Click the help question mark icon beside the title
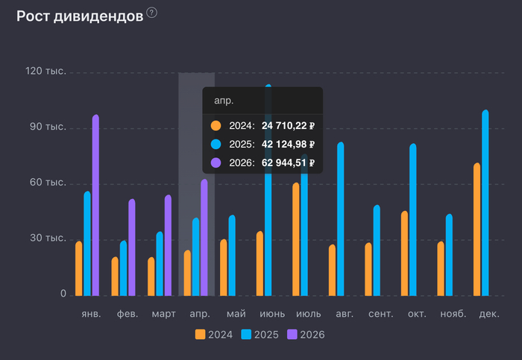pos(152,13)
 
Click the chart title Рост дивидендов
pos(79,16)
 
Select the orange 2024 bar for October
pos(404,253)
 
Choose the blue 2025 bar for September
pos(377,250)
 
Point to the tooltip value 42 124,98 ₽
pos(288,145)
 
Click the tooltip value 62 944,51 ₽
pos(288,162)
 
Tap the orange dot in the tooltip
pos(216,126)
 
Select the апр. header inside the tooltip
pos(224,100)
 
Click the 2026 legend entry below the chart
pos(306,335)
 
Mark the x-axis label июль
pos(309,315)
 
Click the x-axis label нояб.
pos(453,315)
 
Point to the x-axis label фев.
pos(128,315)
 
